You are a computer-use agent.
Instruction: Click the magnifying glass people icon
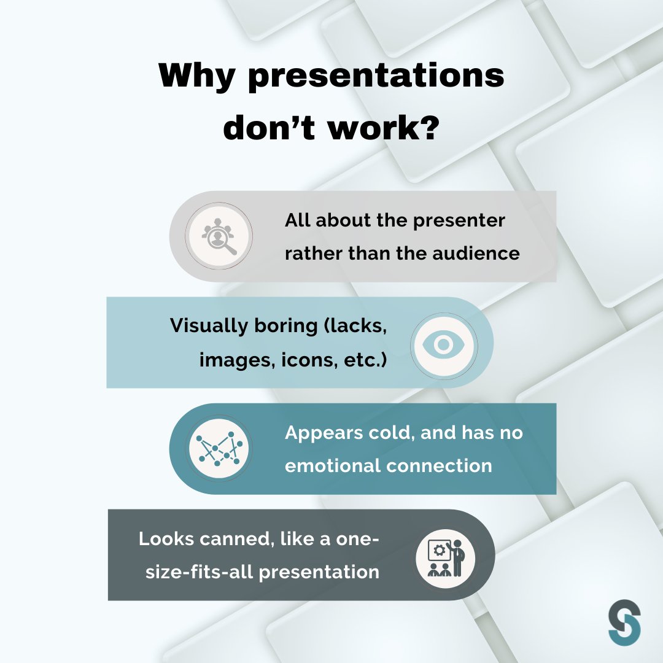[x=219, y=236]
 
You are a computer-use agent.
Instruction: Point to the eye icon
[x=443, y=343]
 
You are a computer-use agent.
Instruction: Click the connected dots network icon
[x=219, y=449]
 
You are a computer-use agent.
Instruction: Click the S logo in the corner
[x=624, y=621]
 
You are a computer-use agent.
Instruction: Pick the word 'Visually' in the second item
[x=208, y=326]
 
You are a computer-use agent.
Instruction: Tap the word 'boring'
[x=280, y=326]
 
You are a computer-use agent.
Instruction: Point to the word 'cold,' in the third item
[x=391, y=433]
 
